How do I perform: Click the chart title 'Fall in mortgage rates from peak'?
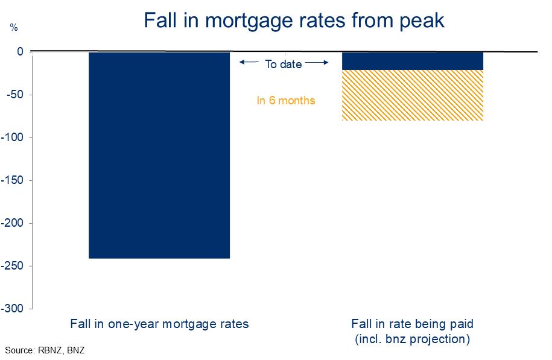[x=294, y=21]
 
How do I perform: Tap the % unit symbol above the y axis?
[x=14, y=28]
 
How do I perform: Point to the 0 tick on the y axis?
[x=20, y=52]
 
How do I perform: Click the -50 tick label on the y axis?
[x=15, y=95]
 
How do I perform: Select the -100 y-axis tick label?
[x=12, y=137]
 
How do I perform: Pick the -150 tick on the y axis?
[x=12, y=180]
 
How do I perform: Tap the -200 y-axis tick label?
[x=12, y=223]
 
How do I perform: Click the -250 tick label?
[x=12, y=266]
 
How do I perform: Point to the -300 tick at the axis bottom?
[x=12, y=309]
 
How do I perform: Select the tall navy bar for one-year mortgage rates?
[x=159, y=155]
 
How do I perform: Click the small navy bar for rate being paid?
[x=413, y=61]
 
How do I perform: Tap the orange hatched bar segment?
[x=413, y=95]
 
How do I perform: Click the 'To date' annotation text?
[x=284, y=64]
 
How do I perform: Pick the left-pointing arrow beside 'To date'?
[x=249, y=62]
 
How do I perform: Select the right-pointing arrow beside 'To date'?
[x=317, y=63]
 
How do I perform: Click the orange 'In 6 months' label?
[x=286, y=101]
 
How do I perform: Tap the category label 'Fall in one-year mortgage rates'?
[x=159, y=324]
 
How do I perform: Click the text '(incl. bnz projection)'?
[x=412, y=339]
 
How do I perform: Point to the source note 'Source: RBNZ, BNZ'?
[x=45, y=350]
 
